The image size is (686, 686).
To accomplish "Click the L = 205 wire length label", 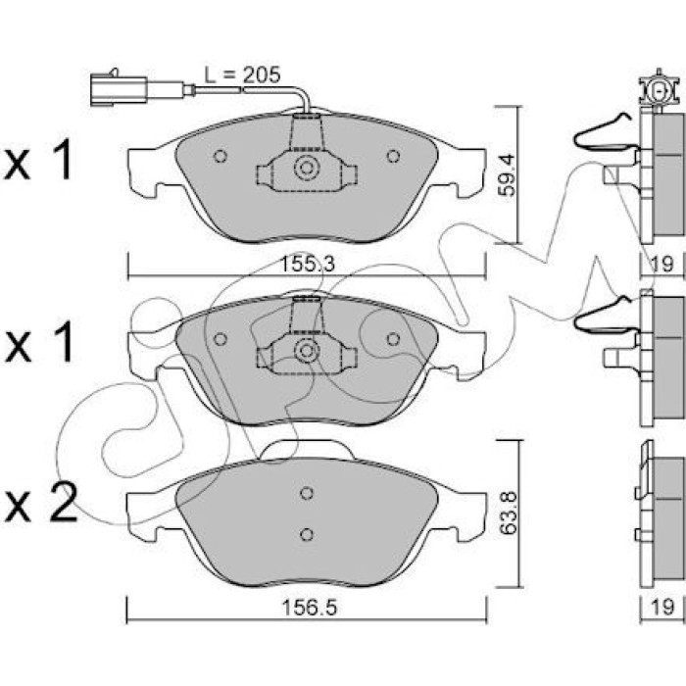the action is (x=242, y=75).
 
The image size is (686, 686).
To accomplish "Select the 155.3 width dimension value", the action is (x=307, y=265).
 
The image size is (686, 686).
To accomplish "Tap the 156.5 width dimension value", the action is (x=310, y=608).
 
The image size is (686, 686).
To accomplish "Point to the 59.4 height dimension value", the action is (x=507, y=175).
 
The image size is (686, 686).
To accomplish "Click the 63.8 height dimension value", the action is (x=509, y=513).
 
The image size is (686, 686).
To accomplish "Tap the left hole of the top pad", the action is (x=220, y=156).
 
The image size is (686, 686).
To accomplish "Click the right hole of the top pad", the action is (x=393, y=156).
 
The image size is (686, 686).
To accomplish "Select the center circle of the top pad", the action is (x=306, y=169).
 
